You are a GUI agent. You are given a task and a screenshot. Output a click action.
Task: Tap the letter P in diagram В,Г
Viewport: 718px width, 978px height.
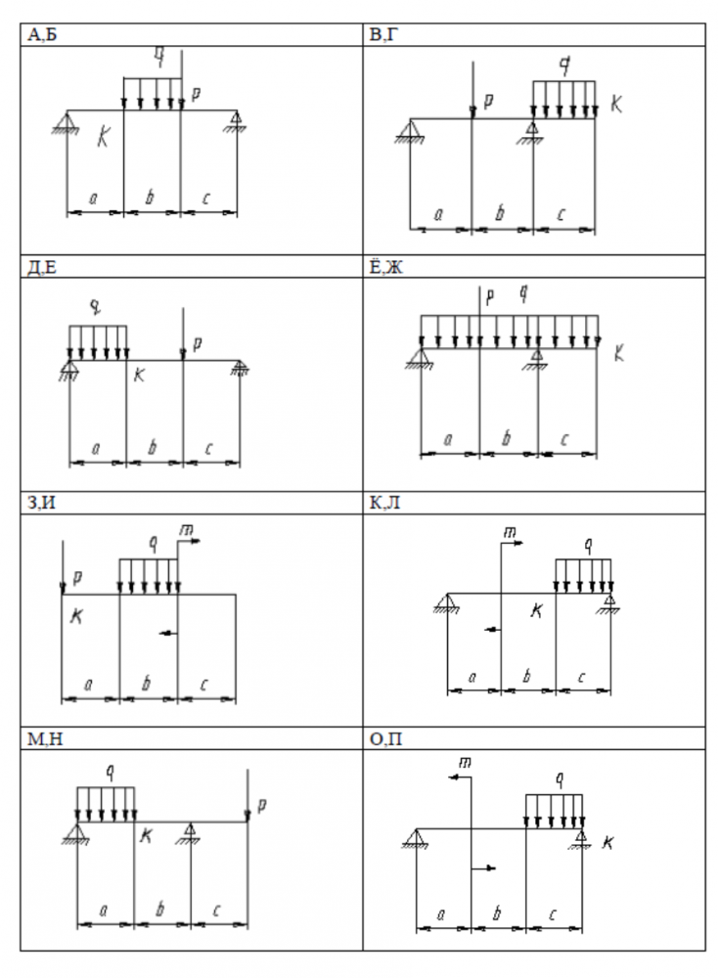point(488,100)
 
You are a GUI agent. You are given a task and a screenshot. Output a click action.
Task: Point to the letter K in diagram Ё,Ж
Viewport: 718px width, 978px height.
point(617,354)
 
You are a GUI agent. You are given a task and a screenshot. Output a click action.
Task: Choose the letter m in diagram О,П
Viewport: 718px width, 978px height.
point(466,761)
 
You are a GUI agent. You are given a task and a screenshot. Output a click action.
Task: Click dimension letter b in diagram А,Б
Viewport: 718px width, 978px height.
point(150,198)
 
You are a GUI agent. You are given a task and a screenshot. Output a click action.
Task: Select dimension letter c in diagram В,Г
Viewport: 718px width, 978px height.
point(561,214)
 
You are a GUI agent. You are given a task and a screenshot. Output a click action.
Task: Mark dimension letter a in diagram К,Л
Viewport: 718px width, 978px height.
point(472,676)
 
